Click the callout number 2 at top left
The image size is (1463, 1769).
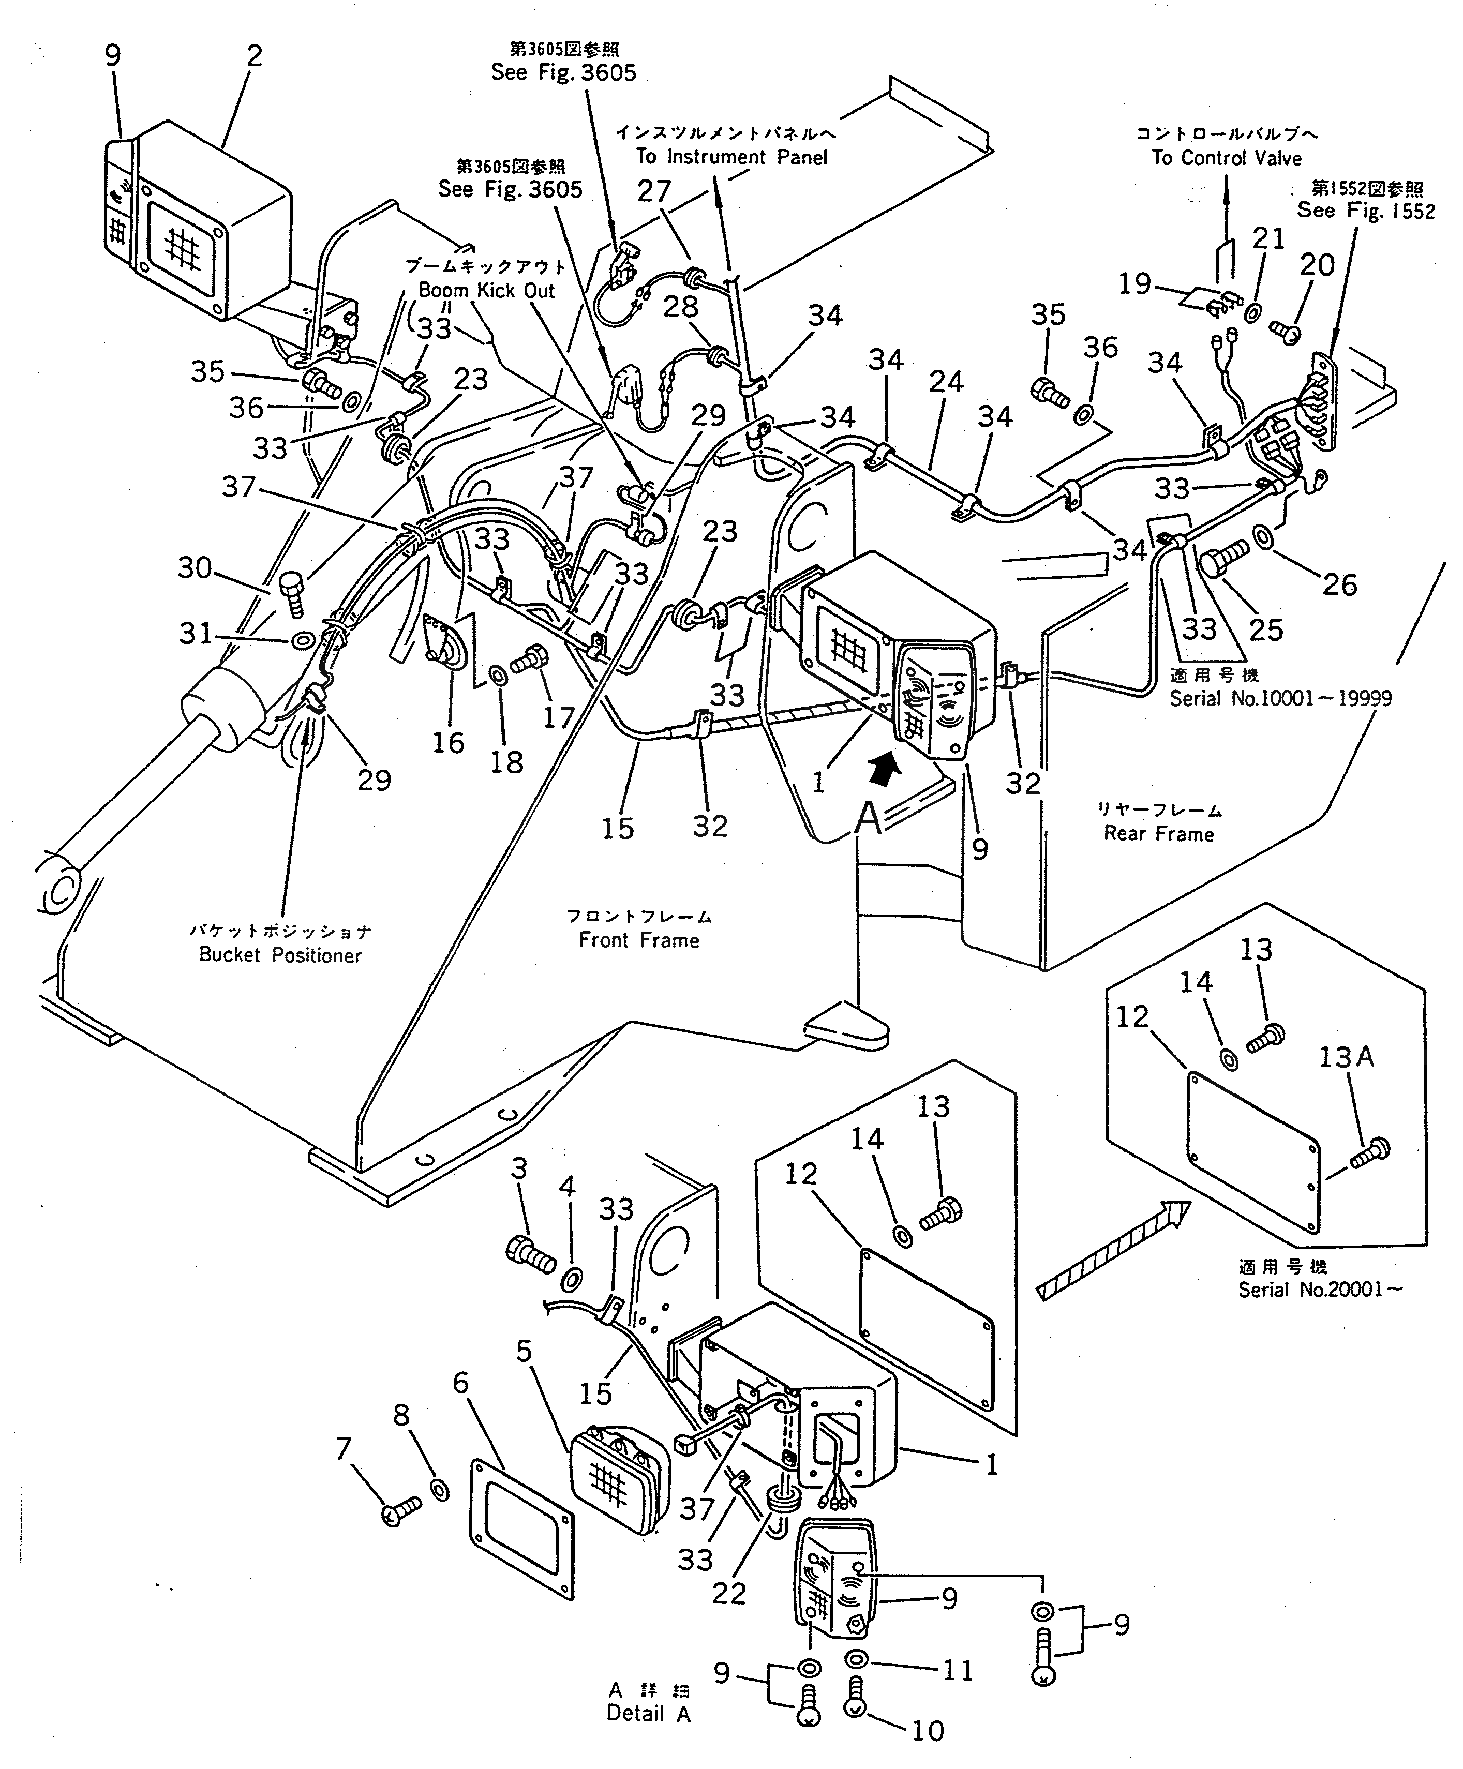click(253, 56)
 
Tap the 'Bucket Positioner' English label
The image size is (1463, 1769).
click(280, 955)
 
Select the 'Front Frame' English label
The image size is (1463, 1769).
click(639, 940)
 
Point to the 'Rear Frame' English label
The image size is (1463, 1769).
click(1159, 834)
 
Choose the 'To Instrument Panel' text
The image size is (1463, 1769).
click(731, 157)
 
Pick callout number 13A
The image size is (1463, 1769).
click(1346, 1057)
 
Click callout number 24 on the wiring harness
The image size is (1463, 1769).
click(946, 382)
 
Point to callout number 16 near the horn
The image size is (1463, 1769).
click(449, 742)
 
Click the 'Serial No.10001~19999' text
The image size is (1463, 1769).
click(1280, 698)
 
